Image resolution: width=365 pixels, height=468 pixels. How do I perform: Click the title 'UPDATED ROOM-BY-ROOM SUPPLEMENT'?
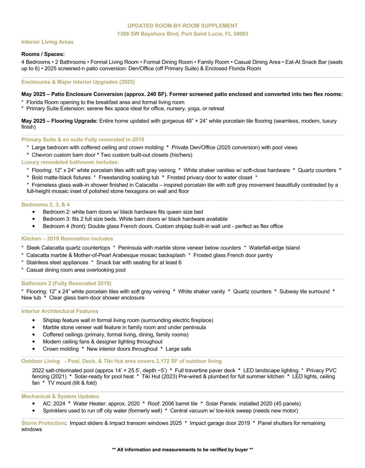(182, 26)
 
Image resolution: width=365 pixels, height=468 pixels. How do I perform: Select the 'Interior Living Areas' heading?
(47, 42)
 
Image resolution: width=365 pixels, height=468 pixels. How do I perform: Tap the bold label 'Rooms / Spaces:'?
(43, 54)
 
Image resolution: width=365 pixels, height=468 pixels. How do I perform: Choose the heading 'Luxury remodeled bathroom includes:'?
(70, 162)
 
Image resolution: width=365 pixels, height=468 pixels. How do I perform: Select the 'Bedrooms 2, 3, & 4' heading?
(46, 204)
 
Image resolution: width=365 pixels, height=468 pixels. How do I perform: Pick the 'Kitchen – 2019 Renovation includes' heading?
(67, 239)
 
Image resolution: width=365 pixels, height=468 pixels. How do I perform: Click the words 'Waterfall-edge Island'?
(274, 248)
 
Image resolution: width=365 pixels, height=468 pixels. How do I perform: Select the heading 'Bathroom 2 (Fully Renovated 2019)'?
(66, 283)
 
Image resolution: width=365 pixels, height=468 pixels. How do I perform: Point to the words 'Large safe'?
(178, 349)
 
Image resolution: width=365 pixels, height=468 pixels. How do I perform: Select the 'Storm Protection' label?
(43, 423)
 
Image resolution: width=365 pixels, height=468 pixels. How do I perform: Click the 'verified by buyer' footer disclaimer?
(216, 449)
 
